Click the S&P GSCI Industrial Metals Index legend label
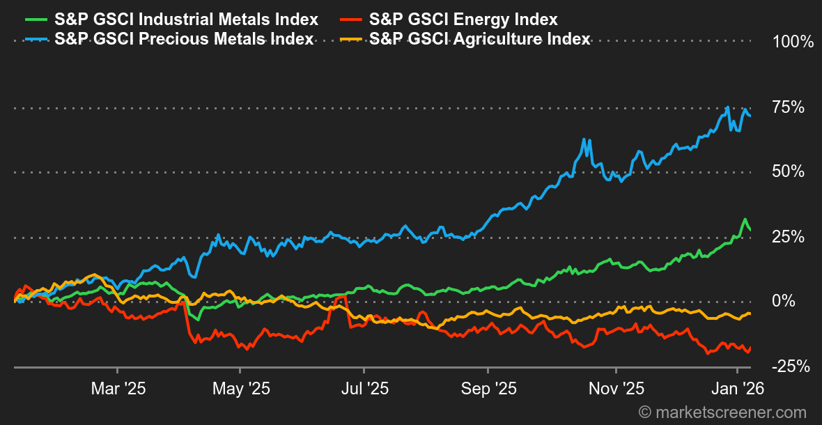[186, 20]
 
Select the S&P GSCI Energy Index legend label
[463, 20]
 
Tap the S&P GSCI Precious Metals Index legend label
[183, 39]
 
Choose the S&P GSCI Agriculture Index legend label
[479, 39]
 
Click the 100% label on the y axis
[793, 42]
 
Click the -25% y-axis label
[791, 366]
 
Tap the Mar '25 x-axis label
[118, 389]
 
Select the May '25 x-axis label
[240, 389]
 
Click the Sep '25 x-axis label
[489, 389]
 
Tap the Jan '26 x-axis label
[741, 389]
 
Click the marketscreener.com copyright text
[722, 412]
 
